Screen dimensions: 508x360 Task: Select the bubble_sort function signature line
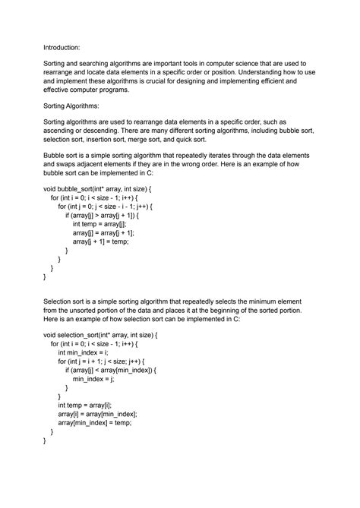(x=98, y=187)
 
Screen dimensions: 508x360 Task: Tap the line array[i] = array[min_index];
(x=97, y=414)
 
